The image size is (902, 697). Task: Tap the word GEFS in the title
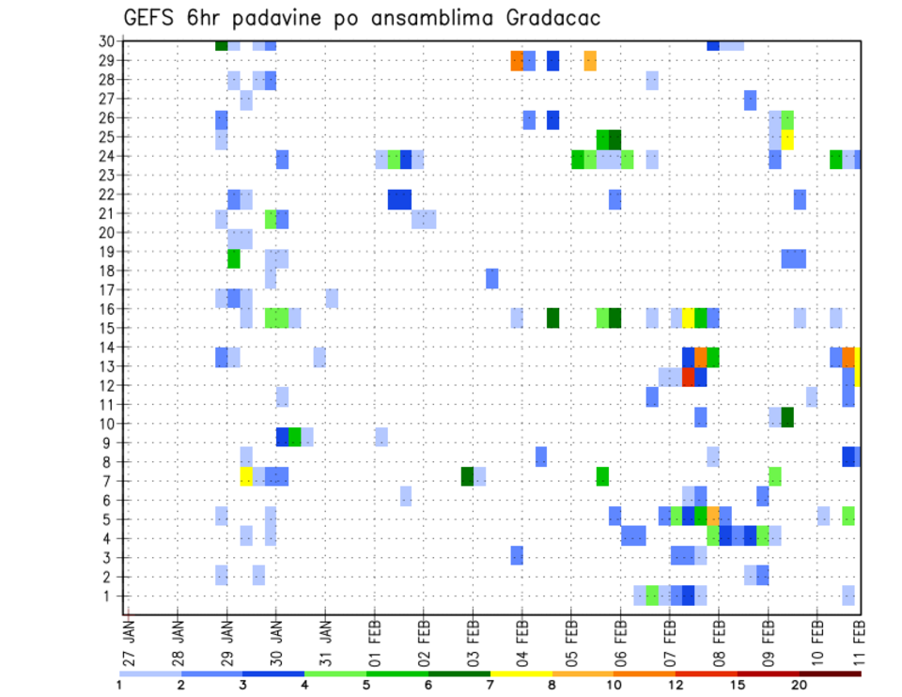pos(153,18)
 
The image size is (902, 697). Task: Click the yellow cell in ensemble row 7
pos(246,476)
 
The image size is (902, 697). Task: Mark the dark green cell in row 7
pos(467,476)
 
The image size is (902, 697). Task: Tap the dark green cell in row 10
pos(787,417)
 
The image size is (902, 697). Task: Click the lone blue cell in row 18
pos(491,278)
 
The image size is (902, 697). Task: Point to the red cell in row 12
pos(688,377)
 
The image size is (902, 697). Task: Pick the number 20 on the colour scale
pos(800,685)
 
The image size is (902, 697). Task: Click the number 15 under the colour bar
pos(738,685)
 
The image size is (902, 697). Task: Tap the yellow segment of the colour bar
pos(521,674)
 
